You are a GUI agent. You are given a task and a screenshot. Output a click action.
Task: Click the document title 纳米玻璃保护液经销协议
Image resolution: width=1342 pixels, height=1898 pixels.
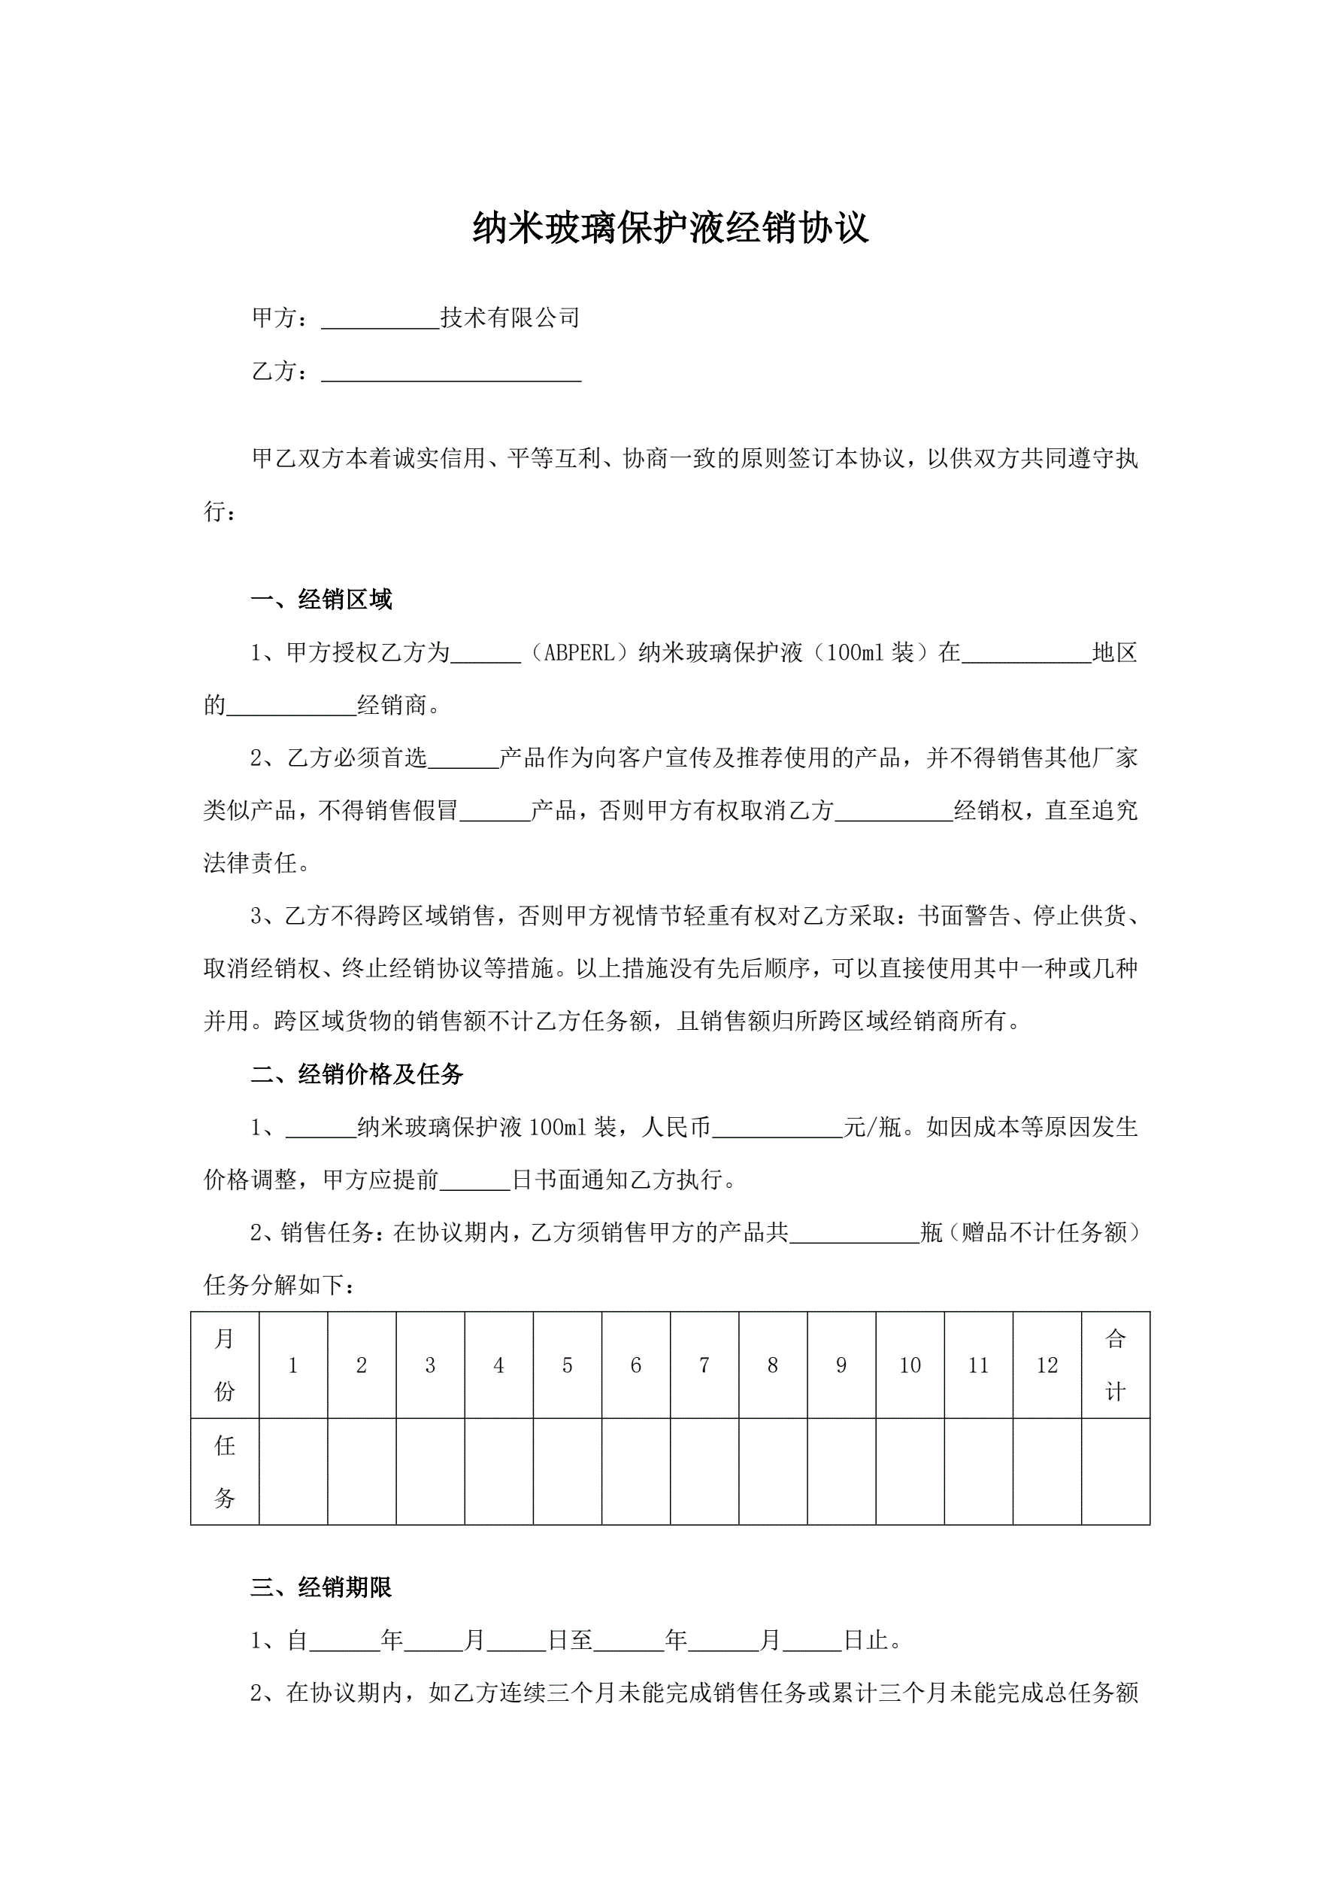click(670, 228)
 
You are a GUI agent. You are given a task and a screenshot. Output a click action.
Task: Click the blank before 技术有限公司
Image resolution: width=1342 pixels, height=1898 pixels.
click(380, 319)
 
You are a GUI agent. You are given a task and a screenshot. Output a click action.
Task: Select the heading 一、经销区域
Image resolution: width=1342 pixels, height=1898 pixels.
click(322, 600)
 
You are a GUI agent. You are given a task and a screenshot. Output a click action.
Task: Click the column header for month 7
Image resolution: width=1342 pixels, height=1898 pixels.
click(704, 1365)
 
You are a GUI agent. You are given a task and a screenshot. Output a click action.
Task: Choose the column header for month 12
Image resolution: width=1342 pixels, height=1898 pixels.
click(1047, 1365)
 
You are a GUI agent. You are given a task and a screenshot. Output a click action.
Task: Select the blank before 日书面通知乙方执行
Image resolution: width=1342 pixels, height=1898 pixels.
click(474, 1181)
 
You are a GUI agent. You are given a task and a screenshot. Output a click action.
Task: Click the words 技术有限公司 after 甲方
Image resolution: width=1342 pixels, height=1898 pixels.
click(510, 318)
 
